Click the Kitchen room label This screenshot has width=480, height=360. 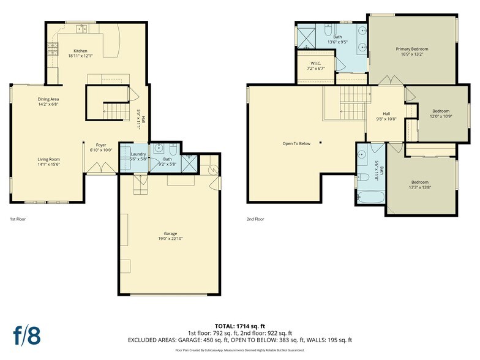click(80, 51)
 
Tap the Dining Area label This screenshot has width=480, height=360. click(48, 99)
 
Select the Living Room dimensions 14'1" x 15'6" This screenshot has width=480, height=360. click(48, 164)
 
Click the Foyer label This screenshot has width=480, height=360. click(101, 145)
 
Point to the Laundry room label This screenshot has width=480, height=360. click(138, 154)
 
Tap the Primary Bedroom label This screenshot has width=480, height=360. click(411, 49)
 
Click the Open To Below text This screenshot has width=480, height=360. click(296, 143)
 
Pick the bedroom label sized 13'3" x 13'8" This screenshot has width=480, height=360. click(419, 182)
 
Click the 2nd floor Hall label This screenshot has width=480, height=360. click(386, 114)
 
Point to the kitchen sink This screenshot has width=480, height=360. click(81, 29)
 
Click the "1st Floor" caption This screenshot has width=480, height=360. click(17, 219)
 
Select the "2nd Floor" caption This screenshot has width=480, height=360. click(255, 219)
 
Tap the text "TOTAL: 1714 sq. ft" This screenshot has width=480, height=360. click(239, 326)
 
